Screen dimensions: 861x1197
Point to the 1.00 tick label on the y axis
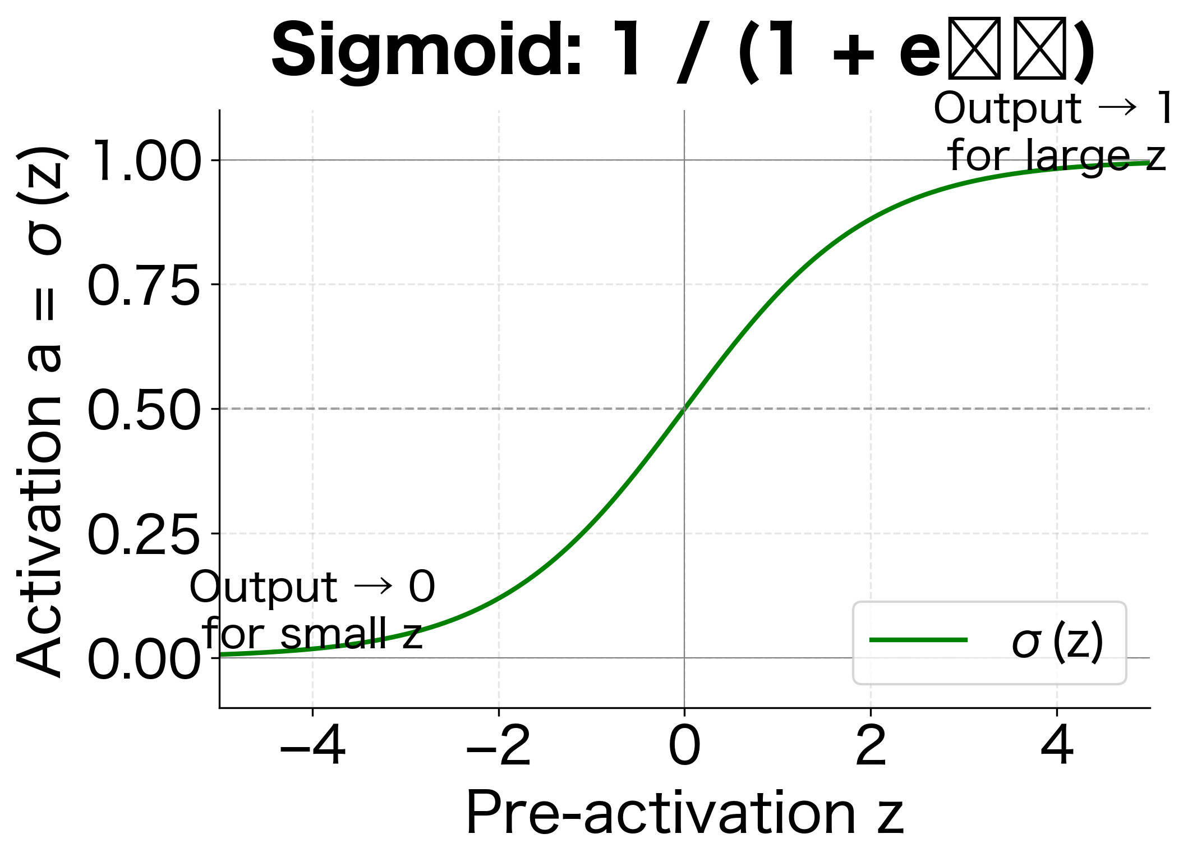145,161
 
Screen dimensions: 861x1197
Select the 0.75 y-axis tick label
144,286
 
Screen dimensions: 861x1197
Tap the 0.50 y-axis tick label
144,410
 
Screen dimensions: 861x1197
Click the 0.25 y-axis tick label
144,535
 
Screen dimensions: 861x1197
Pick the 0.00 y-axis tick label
144,660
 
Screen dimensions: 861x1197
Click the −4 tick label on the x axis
312,746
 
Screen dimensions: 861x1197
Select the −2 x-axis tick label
499,746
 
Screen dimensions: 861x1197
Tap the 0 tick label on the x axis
684,746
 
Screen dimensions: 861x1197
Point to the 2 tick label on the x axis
871,746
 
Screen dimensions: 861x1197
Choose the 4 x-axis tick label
1057,746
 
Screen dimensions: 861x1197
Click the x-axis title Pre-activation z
684,813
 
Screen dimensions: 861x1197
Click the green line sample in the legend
918,640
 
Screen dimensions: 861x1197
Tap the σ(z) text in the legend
1057,642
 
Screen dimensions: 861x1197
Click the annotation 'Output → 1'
1053,108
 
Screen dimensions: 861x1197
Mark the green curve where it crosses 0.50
684,409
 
